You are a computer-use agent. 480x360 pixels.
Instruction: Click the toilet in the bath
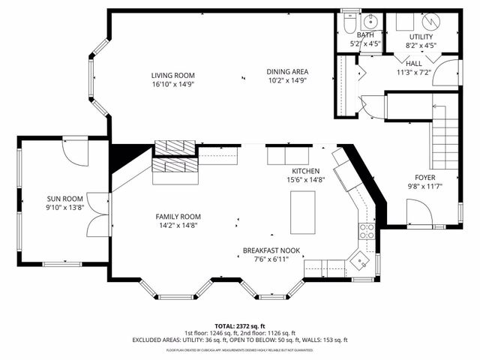coord(347,23)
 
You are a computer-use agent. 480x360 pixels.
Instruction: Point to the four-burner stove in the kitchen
coord(367,230)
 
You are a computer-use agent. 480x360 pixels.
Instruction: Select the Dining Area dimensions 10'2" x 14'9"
coord(287,81)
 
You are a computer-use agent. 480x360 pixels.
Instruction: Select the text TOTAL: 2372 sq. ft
coord(240,326)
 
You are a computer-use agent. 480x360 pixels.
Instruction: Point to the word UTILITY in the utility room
coord(421,37)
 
